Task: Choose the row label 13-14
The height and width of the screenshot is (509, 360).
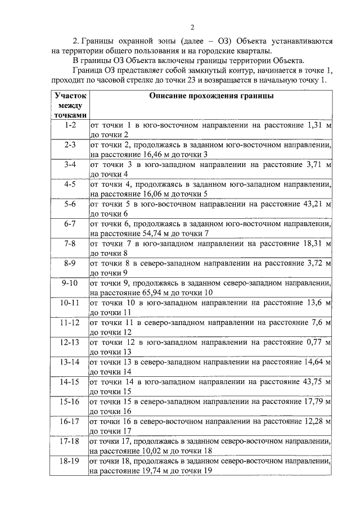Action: [70, 362]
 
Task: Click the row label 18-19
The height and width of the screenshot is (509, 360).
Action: [70, 461]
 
